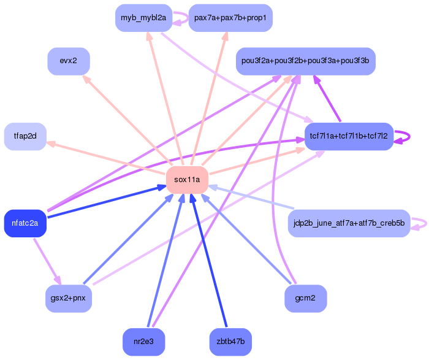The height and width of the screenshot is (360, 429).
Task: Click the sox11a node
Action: (x=187, y=179)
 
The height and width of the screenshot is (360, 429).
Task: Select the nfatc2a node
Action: (x=25, y=223)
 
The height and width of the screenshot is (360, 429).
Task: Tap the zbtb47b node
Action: (x=230, y=342)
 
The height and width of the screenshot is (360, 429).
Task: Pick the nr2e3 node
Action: (x=144, y=342)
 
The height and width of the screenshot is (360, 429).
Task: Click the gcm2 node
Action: (x=305, y=299)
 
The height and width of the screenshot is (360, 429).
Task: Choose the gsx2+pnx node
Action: (x=69, y=299)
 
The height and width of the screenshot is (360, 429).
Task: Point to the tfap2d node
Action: (x=25, y=136)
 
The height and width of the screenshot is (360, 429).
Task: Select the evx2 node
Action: (x=69, y=61)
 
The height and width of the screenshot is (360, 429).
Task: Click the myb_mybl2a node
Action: (x=143, y=18)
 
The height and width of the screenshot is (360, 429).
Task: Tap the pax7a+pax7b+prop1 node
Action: (x=230, y=18)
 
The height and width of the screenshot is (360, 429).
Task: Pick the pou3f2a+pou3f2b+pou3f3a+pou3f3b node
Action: (x=305, y=61)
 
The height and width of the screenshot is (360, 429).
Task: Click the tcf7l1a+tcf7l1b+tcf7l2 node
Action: (x=349, y=136)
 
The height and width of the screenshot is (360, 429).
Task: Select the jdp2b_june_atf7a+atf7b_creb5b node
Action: (x=349, y=223)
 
